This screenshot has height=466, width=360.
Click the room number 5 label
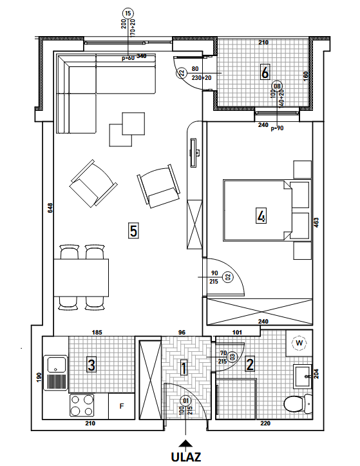click(x=133, y=231)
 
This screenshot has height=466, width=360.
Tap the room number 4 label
click(x=261, y=216)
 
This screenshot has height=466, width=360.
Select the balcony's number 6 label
click(x=265, y=72)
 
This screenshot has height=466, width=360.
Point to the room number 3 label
click(x=91, y=365)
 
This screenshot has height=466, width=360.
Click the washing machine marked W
click(x=299, y=344)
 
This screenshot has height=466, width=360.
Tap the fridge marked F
click(x=122, y=406)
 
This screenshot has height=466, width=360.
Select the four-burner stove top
click(x=82, y=405)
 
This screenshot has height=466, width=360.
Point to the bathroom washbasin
click(x=303, y=376)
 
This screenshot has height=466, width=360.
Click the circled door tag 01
click(x=185, y=401)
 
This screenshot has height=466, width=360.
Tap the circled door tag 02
click(x=229, y=277)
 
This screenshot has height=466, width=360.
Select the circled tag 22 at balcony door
click(x=181, y=73)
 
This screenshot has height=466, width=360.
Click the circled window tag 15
click(x=128, y=14)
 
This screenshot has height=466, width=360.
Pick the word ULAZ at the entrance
click(x=186, y=457)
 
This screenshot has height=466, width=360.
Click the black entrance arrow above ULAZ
click(x=186, y=443)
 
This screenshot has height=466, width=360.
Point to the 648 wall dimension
click(x=50, y=208)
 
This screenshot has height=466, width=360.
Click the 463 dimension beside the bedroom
click(x=316, y=223)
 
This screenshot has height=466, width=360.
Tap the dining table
click(x=81, y=278)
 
